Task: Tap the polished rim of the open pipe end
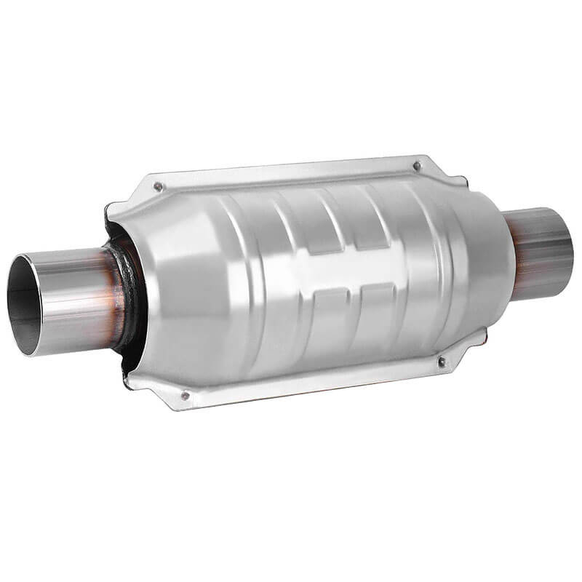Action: [16, 276]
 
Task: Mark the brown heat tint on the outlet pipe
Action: [519, 255]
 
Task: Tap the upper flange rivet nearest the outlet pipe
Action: [417, 166]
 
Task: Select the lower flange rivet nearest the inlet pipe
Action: [185, 396]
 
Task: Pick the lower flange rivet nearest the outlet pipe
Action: [441, 361]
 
